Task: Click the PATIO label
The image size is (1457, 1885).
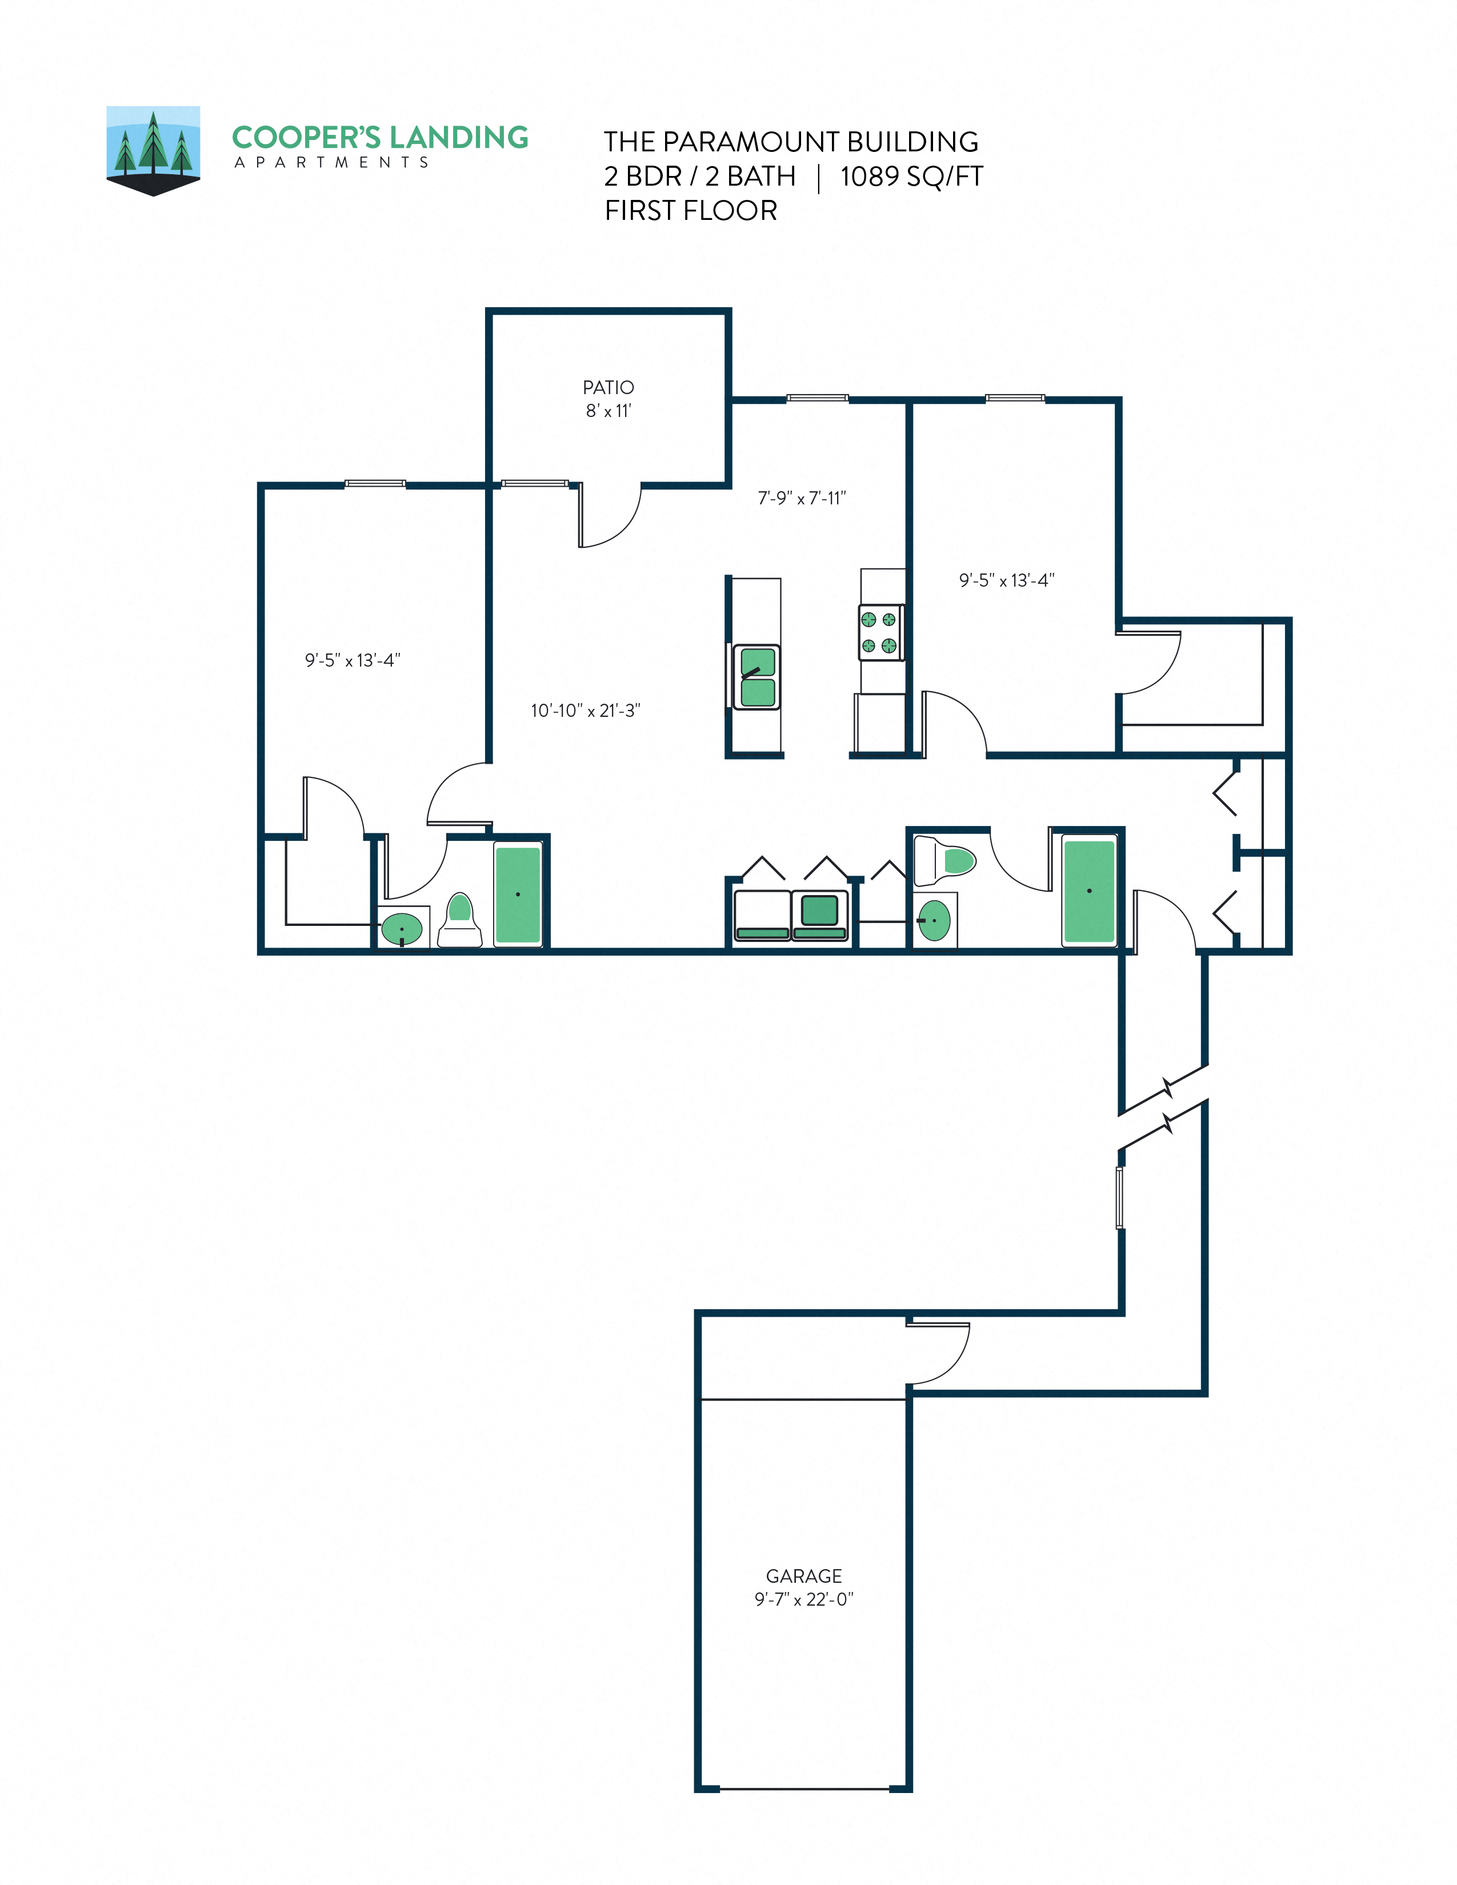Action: [608, 387]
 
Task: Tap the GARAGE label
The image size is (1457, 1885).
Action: [803, 1575]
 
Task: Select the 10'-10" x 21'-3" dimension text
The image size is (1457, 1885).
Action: [585, 711]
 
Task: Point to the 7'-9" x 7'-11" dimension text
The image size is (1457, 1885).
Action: [802, 498]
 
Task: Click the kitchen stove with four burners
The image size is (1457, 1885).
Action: [880, 633]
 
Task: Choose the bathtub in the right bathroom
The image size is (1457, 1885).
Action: [1088, 891]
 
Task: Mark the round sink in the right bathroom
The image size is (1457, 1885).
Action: [934, 920]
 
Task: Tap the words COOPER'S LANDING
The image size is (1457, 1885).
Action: [380, 137]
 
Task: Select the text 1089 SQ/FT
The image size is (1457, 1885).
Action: [911, 176]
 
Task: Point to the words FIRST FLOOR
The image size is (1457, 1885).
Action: [691, 211]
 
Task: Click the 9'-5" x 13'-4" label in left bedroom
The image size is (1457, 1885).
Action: [352, 660]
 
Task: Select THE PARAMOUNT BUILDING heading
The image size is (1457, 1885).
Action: [791, 142]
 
